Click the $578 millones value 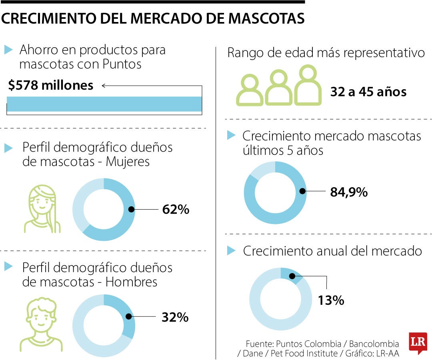tap(50, 85)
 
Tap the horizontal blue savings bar tap(104, 104)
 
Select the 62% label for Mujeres tap(176, 209)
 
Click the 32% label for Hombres tap(175, 317)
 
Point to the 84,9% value tap(348, 192)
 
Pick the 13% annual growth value tap(331, 300)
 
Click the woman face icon tap(42, 209)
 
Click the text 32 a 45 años tap(368, 92)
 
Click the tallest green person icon tap(308, 85)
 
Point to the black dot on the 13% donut tap(292, 276)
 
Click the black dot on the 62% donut tap(131, 209)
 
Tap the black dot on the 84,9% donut tap(302, 192)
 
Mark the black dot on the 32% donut tap(129, 316)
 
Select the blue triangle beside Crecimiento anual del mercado tap(231, 251)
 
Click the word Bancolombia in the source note tap(374, 344)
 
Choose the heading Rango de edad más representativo tap(326, 53)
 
